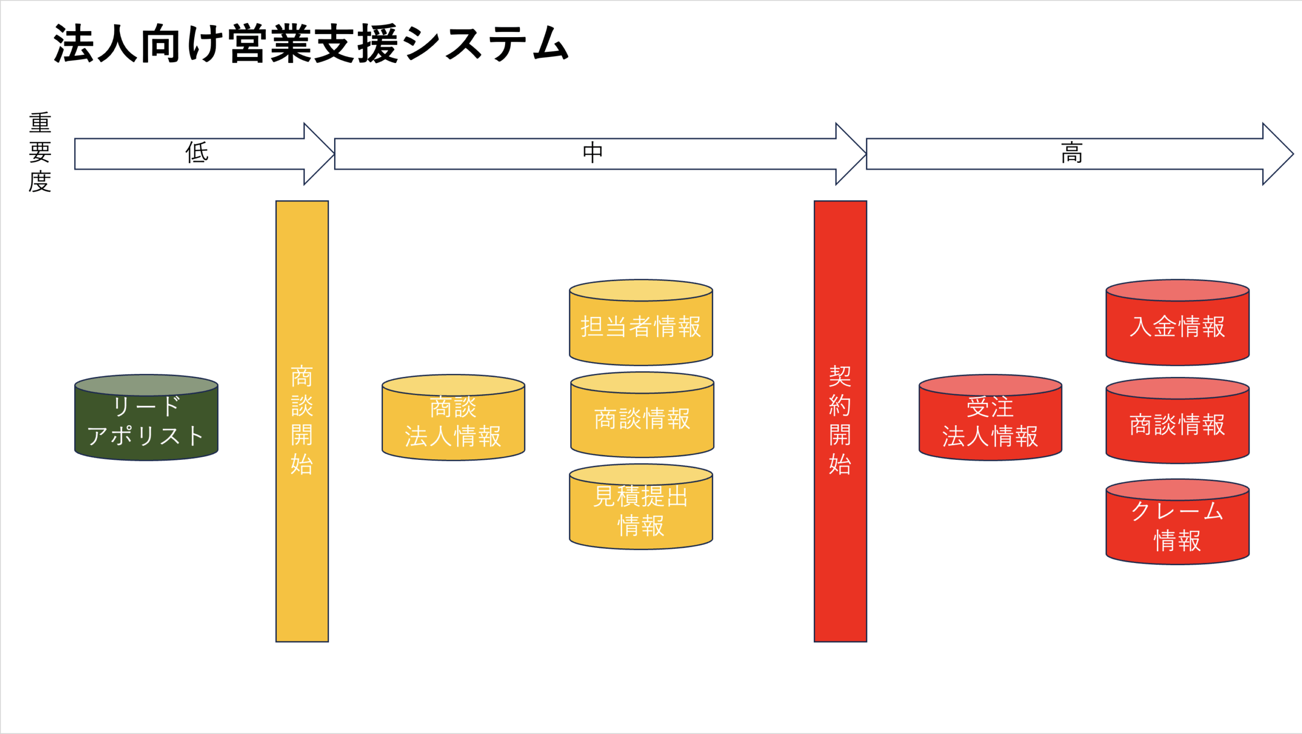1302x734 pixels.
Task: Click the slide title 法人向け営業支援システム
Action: point(311,44)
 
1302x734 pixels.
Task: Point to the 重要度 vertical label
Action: point(40,152)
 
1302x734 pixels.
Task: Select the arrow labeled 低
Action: point(203,153)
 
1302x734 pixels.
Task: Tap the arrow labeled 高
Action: point(1078,153)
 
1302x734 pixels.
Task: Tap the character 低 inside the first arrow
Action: point(197,152)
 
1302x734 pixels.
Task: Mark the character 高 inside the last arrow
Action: point(1072,152)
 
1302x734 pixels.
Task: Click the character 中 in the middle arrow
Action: point(593,152)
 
